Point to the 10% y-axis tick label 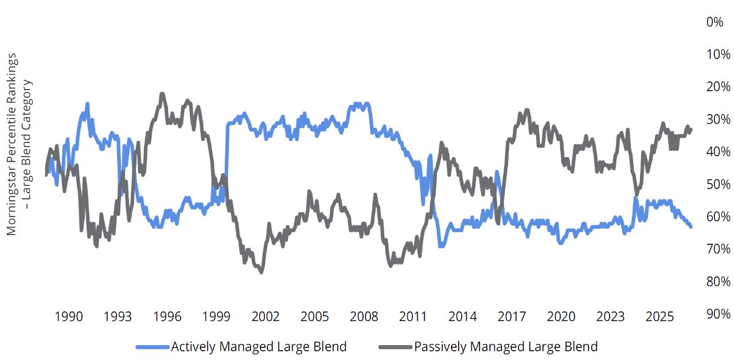coord(718,54)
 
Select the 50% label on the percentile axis coord(718,185)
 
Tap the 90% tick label coord(718,314)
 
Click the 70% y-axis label coord(718,249)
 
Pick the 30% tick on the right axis coord(718,119)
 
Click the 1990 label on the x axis coord(68,317)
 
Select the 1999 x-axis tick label coord(216,317)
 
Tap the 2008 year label coord(364,317)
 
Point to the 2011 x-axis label coord(413,317)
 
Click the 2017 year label coord(512,317)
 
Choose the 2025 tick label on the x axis coord(659,317)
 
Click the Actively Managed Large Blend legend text coord(259,347)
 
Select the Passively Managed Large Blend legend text coord(506,347)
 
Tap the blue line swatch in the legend coord(153,347)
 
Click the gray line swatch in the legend coord(396,347)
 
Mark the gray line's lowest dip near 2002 coord(261,272)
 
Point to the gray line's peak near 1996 coord(162,93)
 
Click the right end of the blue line coord(691,227)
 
